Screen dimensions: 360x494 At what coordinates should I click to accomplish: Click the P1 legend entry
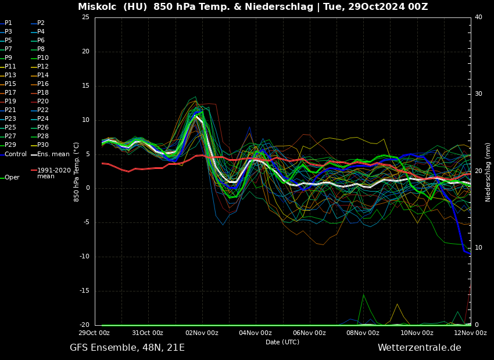click(8, 23)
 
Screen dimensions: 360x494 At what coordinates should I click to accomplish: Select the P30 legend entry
click(43, 145)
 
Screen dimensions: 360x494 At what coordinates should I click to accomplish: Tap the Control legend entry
click(15, 154)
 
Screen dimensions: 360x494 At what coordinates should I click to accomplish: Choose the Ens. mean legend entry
click(53, 154)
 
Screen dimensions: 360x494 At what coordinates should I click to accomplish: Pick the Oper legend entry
click(12, 178)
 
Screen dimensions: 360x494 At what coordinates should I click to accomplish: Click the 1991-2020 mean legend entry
click(53, 173)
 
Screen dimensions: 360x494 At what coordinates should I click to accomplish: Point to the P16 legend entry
click(43, 84)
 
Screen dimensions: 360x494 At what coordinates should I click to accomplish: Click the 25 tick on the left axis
click(85, 17)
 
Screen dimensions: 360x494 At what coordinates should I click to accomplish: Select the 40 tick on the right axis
click(478, 17)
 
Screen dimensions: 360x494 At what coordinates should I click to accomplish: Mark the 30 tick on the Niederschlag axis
click(478, 94)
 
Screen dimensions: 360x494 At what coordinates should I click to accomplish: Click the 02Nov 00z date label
click(202, 333)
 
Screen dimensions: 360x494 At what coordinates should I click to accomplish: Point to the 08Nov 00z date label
click(363, 333)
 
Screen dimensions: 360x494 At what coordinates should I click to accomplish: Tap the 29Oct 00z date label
click(94, 333)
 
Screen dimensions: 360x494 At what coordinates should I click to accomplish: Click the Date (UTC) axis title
click(282, 342)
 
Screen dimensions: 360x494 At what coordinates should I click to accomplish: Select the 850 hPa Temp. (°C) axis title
click(77, 171)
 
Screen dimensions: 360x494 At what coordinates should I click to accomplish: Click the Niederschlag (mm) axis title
click(488, 172)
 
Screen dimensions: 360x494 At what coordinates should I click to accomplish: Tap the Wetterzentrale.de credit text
click(419, 348)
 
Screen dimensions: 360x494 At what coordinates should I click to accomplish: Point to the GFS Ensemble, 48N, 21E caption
click(127, 348)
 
